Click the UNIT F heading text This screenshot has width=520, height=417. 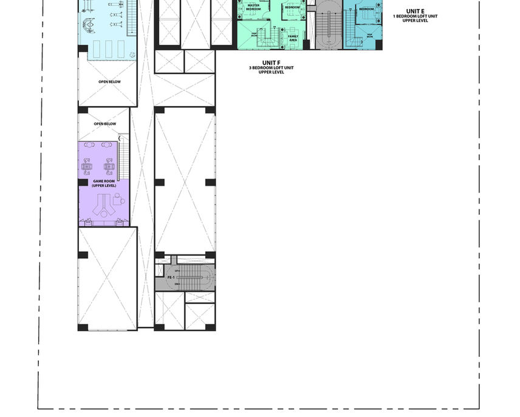click(271, 63)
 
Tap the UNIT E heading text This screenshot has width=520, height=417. click(416, 11)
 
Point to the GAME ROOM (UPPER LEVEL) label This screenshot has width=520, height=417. click(104, 183)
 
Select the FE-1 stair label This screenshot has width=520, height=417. click(171, 277)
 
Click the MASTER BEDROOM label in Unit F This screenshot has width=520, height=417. click(253, 8)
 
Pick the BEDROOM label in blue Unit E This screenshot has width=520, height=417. click(366, 9)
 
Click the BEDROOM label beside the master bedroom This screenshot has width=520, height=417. click(292, 7)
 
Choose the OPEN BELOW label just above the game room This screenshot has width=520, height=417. click(104, 124)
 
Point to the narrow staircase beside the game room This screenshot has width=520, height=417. click(125, 158)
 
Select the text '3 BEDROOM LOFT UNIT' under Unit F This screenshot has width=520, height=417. click(271, 67)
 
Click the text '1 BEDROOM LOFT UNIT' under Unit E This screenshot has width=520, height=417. click(416, 16)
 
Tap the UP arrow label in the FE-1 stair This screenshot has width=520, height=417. click(177, 271)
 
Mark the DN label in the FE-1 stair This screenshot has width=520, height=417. click(177, 284)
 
